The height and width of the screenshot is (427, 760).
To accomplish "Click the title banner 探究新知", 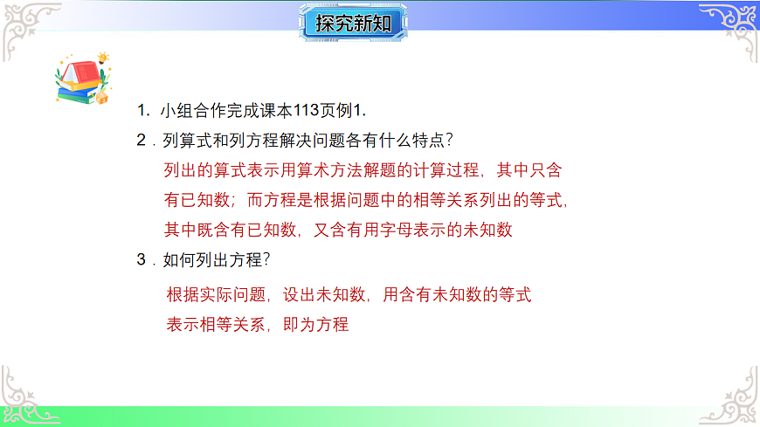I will (354, 23).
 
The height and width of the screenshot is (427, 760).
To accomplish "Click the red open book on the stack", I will (80, 72).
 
